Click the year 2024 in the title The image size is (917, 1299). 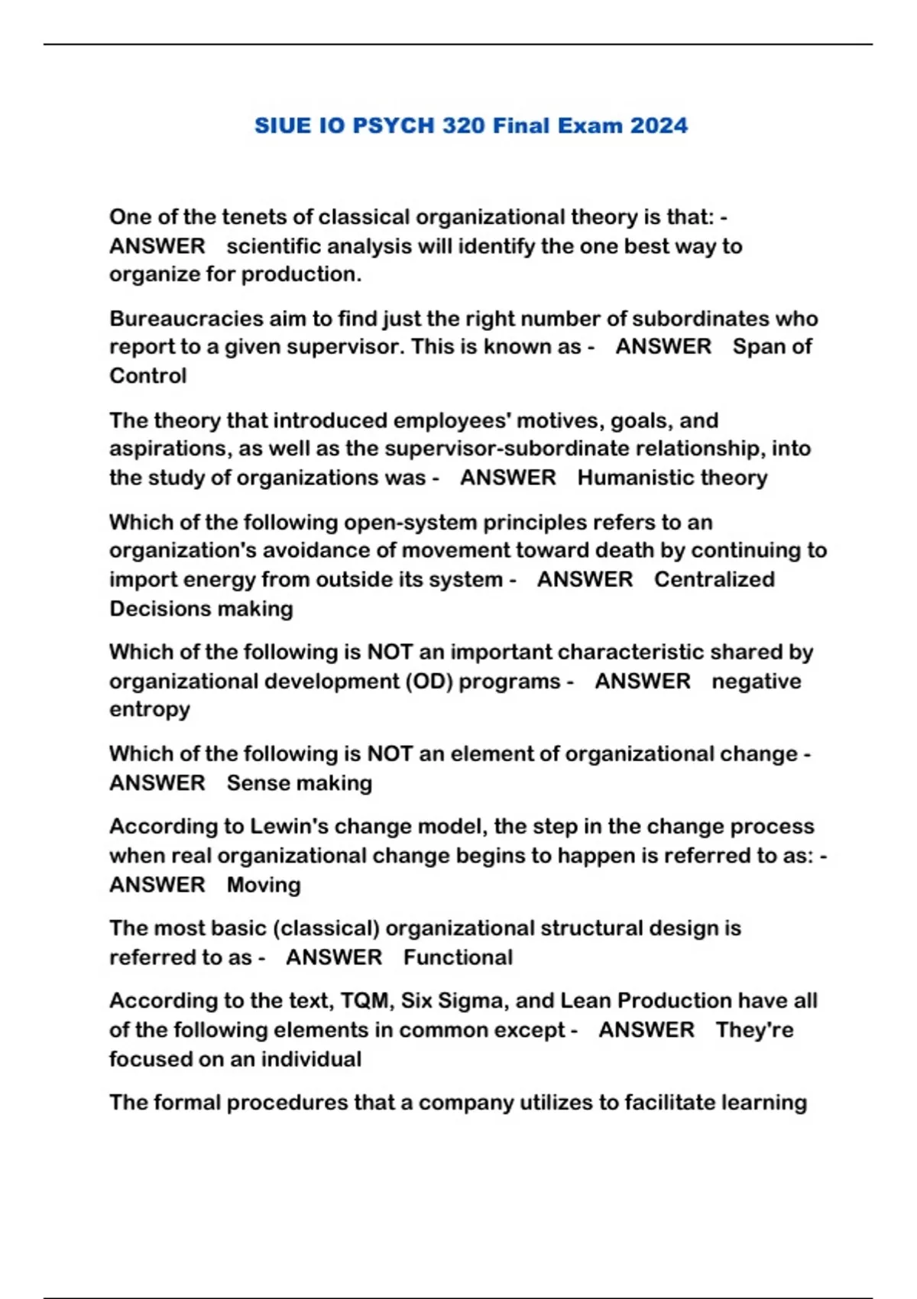pyautogui.click(x=659, y=125)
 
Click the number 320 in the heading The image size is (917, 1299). pyautogui.click(x=463, y=125)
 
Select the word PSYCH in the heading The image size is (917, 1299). pyautogui.click(x=393, y=125)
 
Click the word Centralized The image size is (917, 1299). pyautogui.click(x=714, y=579)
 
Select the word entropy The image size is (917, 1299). pyautogui.click(x=150, y=710)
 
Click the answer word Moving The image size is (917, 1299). pyautogui.click(x=264, y=885)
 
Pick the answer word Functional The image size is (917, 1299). pyautogui.click(x=458, y=957)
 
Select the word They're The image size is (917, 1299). pyautogui.click(x=754, y=1029)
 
